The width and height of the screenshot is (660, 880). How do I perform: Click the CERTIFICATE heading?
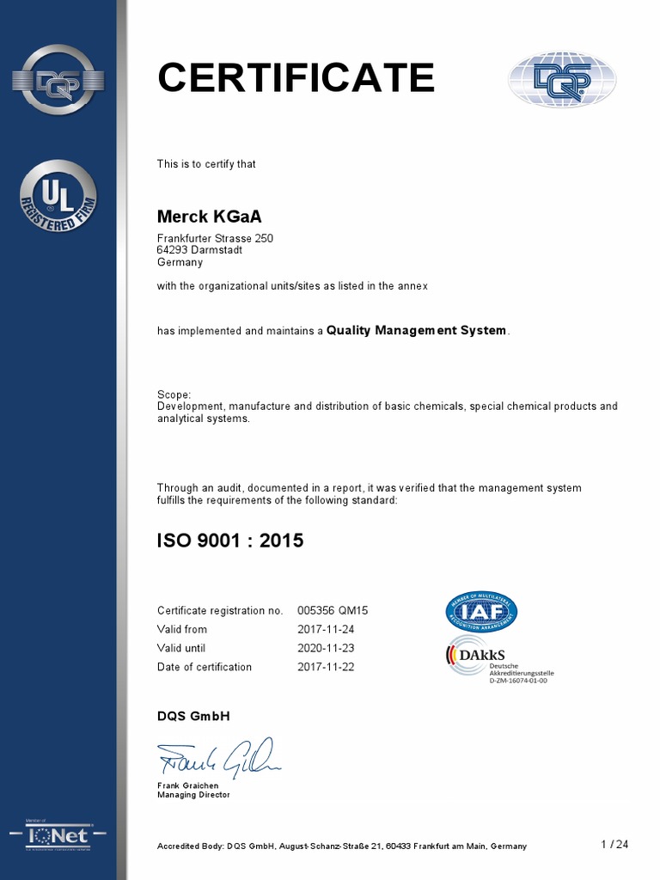click(x=296, y=78)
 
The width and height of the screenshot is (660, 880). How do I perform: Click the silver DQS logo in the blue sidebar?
click(x=59, y=80)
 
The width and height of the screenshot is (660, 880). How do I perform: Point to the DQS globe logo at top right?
click(x=562, y=80)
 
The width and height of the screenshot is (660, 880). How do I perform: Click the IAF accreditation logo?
click(x=481, y=611)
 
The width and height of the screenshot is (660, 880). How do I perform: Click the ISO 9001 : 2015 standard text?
click(x=229, y=541)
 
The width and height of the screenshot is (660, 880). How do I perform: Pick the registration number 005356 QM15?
click(x=333, y=610)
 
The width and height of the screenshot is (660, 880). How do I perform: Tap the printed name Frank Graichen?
click(x=188, y=786)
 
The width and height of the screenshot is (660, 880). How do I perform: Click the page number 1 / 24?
click(x=614, y=845)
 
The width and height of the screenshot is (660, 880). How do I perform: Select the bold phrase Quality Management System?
click(x=417, y=331)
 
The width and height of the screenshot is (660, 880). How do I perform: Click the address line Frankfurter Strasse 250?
click(x=215, y=238)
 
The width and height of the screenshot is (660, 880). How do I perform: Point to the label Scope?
click(x=174, y=394)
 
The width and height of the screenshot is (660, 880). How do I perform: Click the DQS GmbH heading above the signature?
click(x=193, y=716)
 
